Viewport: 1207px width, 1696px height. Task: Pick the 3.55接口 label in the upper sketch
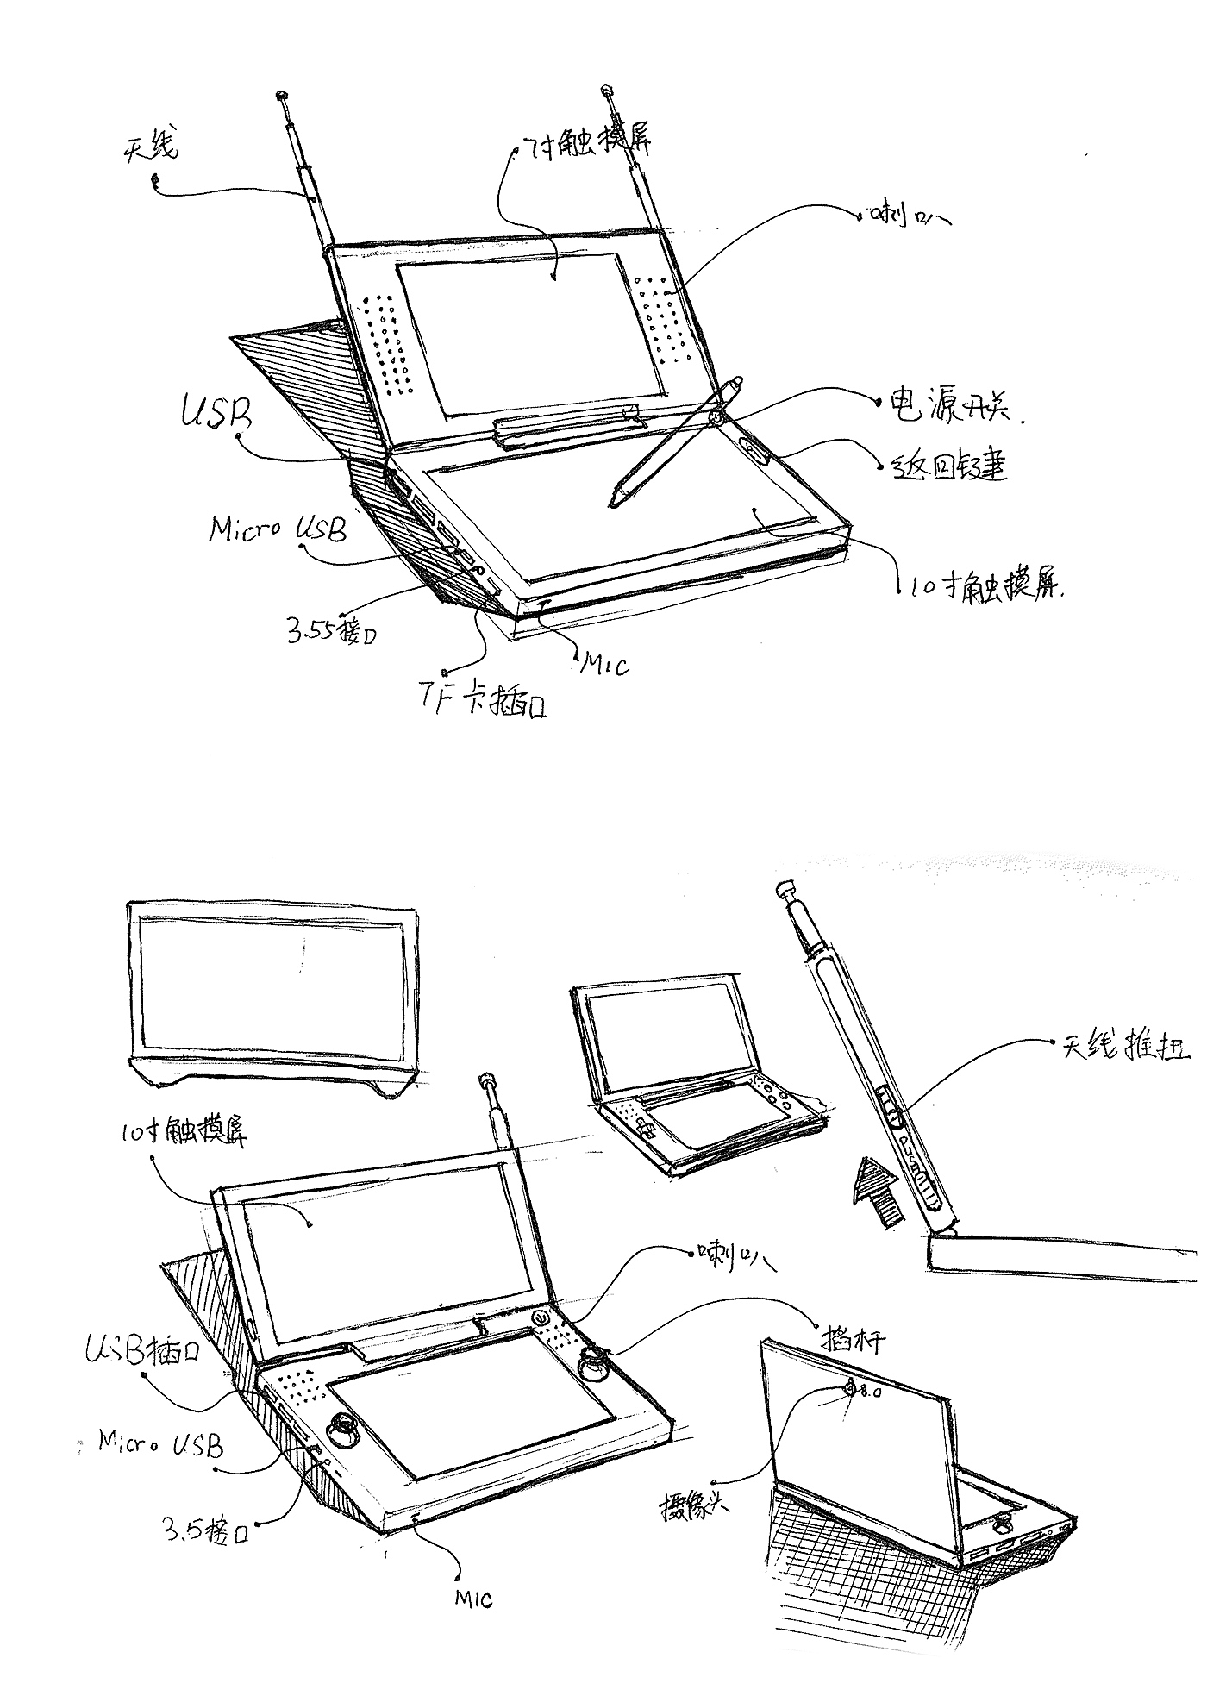(x=332, y=629)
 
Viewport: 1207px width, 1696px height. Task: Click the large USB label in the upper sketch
(x=215, y=415)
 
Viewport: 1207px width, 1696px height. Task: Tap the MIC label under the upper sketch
(x=603, y=664)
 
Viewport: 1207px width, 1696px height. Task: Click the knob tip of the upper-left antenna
(x=282, y=94)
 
